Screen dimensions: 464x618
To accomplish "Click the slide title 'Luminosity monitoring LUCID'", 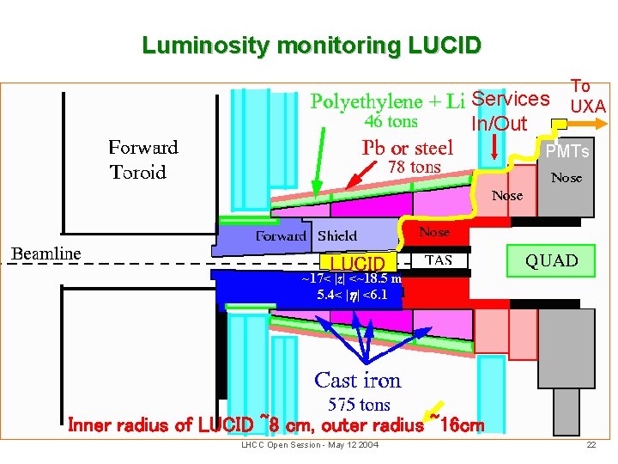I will click(x=312, y=45).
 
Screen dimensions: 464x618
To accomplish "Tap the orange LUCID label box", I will click(x=358, y=262).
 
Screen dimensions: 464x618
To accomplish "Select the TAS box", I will click(x=439, y=260).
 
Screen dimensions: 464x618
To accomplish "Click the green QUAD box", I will click(x=552, y=260).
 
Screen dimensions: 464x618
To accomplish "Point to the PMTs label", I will click(x=567, y=152).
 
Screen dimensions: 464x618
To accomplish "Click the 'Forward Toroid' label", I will click(x=142, y=160).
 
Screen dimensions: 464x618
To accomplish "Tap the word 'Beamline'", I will click(x=45, y=253).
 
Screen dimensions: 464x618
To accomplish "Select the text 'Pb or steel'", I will click(x=408, y=147).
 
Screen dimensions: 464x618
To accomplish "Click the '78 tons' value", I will click(x=415, y=168).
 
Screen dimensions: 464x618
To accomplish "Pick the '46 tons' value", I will click(x=391, y=122).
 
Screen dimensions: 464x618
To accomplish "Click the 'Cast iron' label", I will click(x=358, y=380).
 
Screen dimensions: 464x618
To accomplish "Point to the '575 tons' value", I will click(x=359, y=404).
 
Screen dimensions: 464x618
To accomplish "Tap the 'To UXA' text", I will click(x=587, y=96).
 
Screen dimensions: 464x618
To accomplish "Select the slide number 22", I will click(x=591, y=444).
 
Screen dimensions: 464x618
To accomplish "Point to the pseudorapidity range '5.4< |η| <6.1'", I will click(x=352, y=295).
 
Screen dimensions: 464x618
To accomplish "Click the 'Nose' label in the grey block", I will click(x=566, y=178).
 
